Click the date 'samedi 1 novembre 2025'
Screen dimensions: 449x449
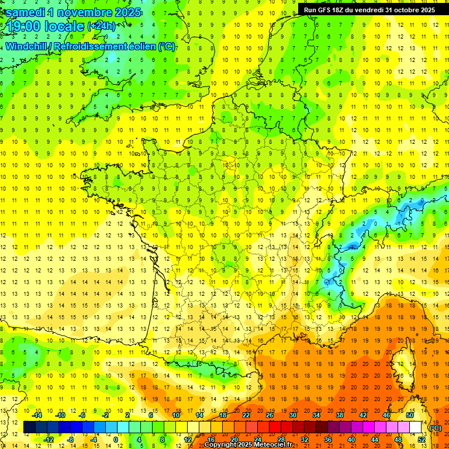coord(73,11)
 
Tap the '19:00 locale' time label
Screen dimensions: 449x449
coord(44,26)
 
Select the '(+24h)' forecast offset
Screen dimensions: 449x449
coord(101,26)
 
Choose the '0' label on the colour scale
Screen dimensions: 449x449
coord(115,440)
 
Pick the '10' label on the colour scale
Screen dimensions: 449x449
coord(176,415)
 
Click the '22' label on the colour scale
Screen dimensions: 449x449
coord(246,415)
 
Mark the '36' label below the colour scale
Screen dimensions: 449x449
coord(328,440)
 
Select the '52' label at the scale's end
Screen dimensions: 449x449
coord(422,440)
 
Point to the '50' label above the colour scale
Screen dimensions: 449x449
coord(410,415)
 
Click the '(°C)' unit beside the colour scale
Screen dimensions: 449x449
coord(436,427)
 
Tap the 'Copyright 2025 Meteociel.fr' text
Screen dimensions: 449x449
coord(248,445)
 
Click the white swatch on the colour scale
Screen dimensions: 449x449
coord(416,427)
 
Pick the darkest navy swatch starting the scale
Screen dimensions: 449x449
coord(29,427)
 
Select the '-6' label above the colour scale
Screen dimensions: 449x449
coord(82,415)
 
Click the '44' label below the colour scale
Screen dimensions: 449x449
coord(375,440)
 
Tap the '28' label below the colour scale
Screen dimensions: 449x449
coord(281,440)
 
